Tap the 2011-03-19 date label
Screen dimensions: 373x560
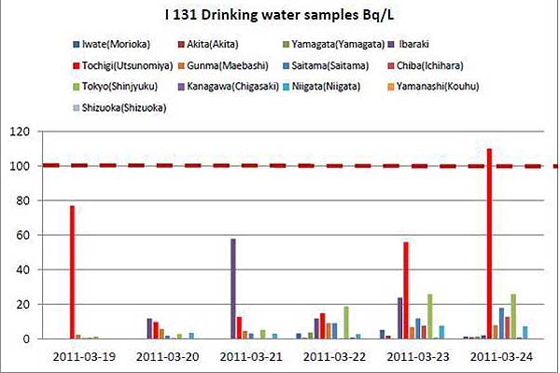tap(85, 356)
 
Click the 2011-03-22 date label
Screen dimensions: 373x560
tap(334, 356)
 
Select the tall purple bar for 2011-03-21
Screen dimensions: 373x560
tap(232, 289)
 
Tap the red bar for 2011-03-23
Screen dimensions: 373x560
tap(406, 290)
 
